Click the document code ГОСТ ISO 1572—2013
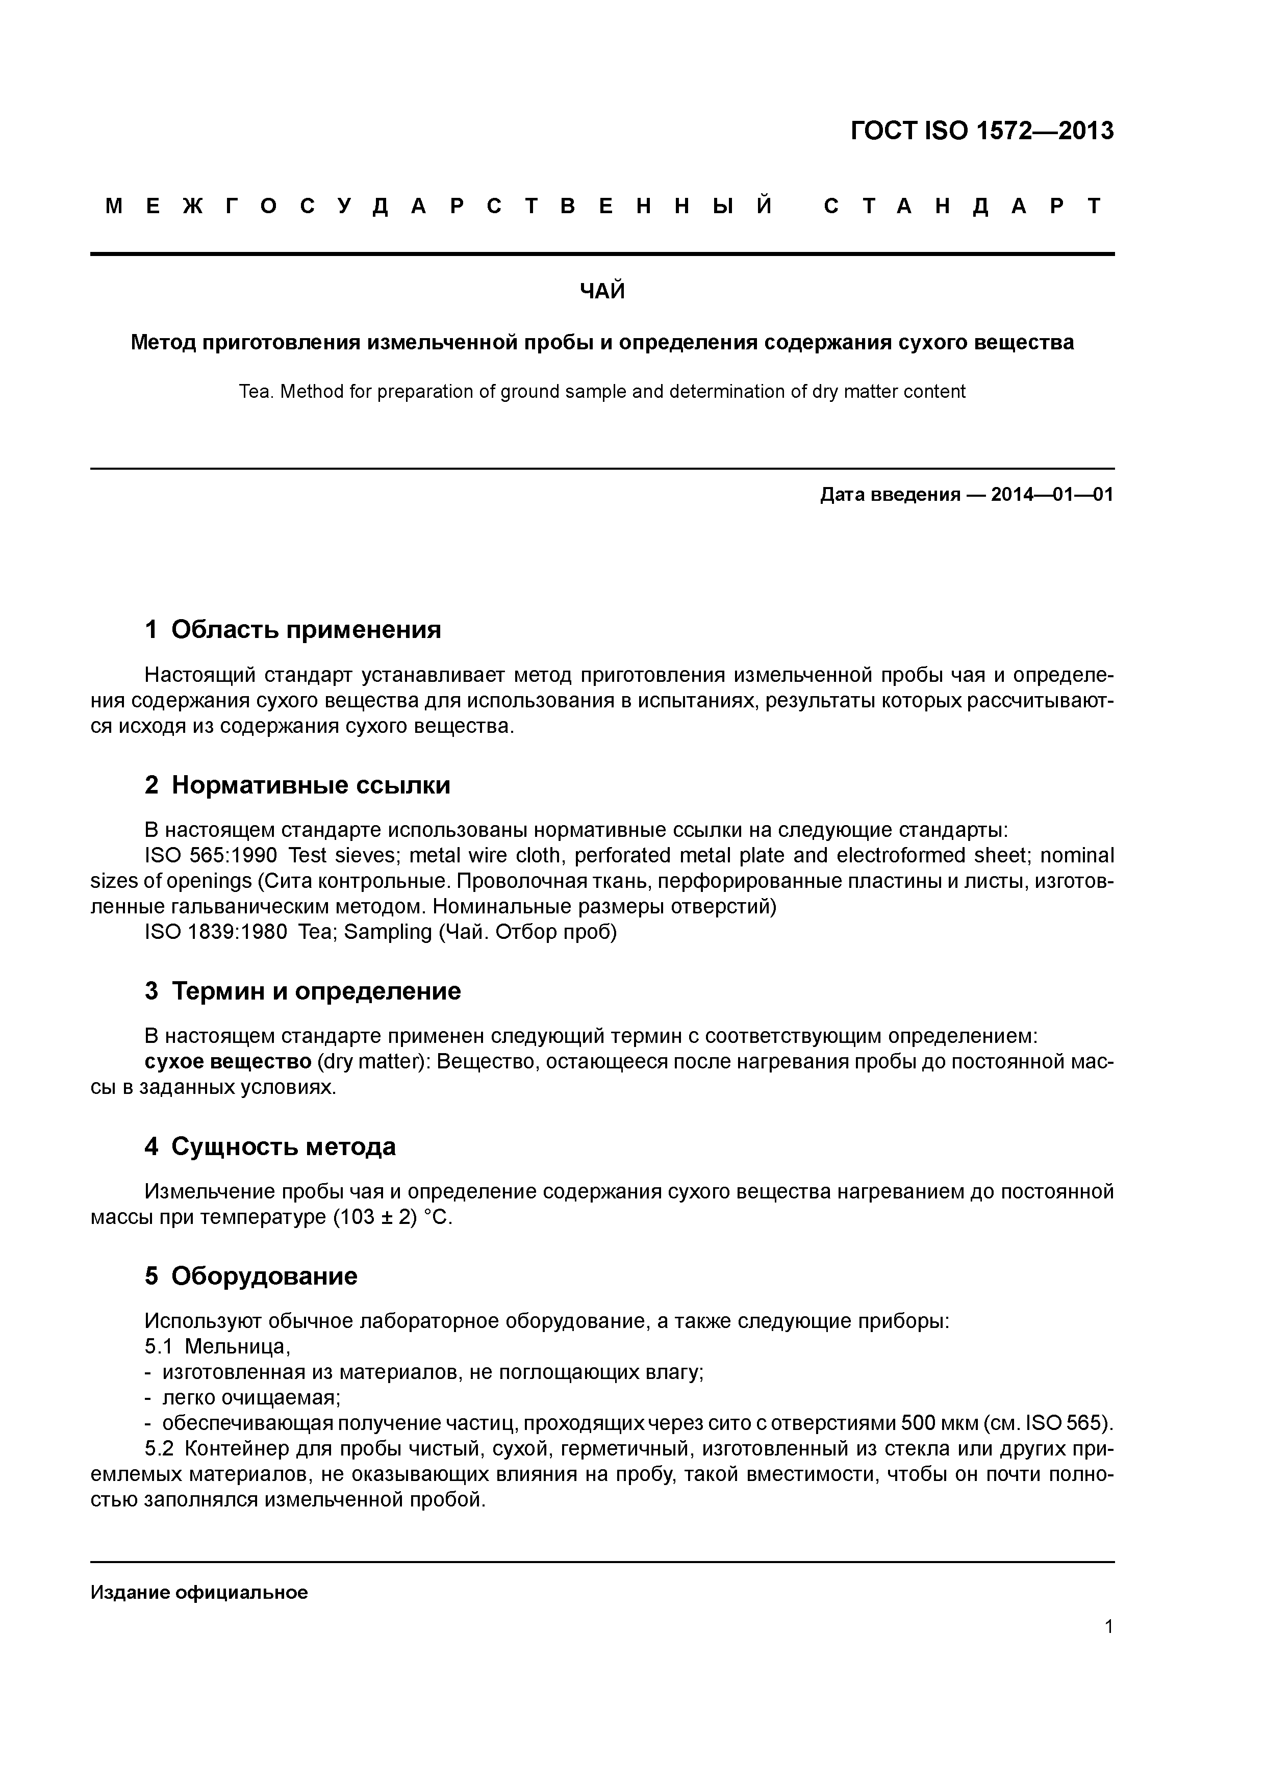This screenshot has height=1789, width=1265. (x=981, y=131)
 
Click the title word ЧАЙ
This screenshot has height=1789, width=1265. (x=602, y=291)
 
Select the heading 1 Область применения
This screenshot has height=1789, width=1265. (x=293, y=630)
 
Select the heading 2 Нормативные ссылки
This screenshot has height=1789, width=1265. (x=298, y=785)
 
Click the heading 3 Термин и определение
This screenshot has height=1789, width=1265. (x=303, y=991)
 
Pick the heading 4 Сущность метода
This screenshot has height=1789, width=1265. (x=270, y=1146)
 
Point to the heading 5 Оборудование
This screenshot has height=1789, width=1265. (x=251, y=1275)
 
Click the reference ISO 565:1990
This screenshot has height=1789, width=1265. (x=211, y=856)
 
